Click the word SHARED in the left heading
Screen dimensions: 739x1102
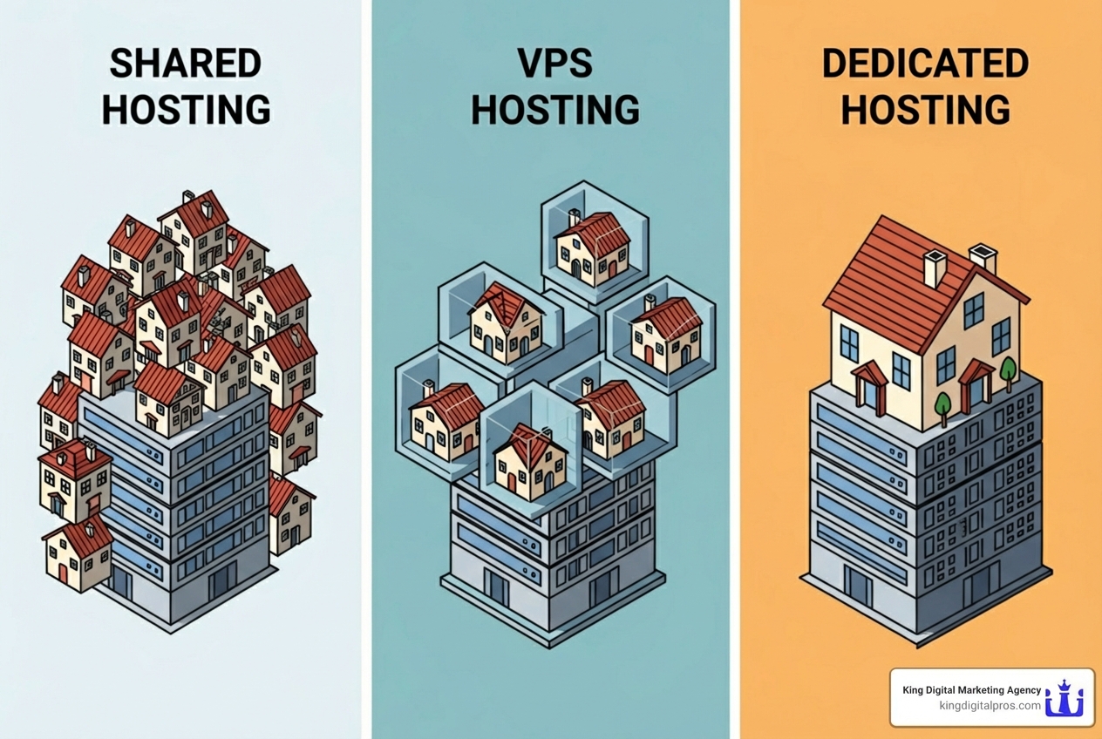tap(186, 64)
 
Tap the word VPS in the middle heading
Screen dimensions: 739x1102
tap(555, 64)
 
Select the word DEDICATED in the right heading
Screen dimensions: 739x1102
tap(925, 64)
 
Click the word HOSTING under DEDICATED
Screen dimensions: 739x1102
tap(925, 111)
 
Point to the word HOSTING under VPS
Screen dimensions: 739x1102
tap(555, 111)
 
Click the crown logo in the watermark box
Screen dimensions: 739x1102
tap(1065, 698)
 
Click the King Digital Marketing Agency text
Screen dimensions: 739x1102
tap(972, 690)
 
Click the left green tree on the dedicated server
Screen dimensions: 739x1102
tap(942, 406)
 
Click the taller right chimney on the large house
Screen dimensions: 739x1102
tap(983, 259)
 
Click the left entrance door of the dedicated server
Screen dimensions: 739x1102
tap(858, 586)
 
